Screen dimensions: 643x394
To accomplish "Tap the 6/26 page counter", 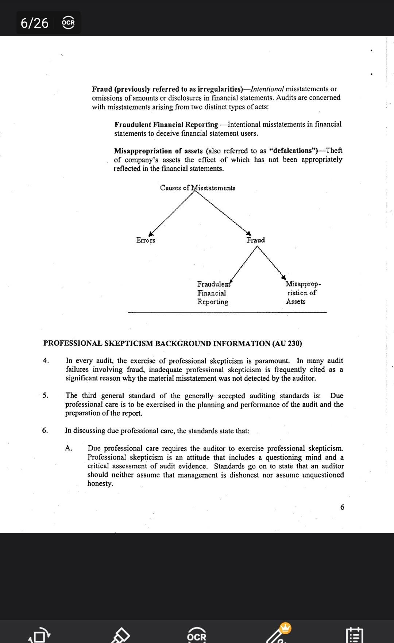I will point(35,23).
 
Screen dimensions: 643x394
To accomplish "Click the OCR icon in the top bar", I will point(68,23).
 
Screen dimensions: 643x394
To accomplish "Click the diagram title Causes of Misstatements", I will point(197,188).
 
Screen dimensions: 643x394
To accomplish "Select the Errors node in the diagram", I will point(146,240).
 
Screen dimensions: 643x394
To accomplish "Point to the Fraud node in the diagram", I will point(255,240).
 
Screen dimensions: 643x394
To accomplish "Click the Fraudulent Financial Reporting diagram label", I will point(213,293).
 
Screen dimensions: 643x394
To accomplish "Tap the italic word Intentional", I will point(267,89).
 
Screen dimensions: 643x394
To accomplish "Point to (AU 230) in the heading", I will point(287,343).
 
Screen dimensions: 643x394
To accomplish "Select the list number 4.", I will point(46,361).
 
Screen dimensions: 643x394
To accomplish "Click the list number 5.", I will point(45,395).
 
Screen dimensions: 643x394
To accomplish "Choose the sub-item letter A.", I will point(68,448).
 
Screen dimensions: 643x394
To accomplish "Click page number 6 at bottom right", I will point(342,507).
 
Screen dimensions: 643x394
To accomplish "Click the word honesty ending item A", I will point(100,483).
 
